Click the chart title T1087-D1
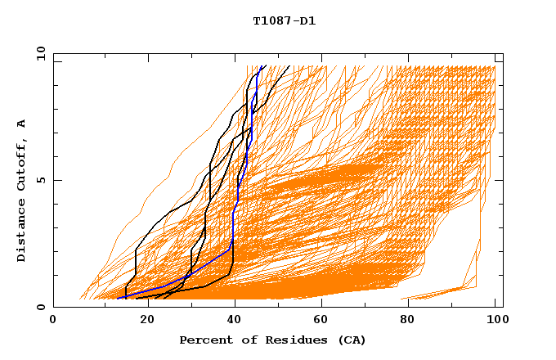[285, 20]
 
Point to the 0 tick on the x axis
[53, 320]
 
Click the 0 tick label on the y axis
[40, 307]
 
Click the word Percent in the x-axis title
[205, 340]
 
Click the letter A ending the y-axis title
[22, 123]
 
